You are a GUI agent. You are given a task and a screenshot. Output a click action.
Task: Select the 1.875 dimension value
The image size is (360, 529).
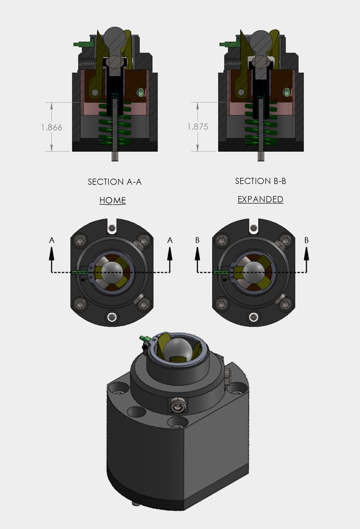click(x=197, y=127)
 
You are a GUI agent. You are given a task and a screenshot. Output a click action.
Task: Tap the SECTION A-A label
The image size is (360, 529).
click(x=115, y=182)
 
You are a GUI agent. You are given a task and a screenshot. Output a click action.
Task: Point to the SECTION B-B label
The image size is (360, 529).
click(x=260, y=181)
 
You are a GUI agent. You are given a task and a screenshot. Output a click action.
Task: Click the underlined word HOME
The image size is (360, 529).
click(x=113, y=201)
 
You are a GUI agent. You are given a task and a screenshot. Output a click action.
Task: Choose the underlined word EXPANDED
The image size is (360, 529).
click(x=260, y=199)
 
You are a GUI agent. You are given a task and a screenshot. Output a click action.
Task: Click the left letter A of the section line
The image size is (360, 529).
click(x=52, y=240)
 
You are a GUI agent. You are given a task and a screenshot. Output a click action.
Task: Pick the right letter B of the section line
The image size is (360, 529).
click(x=306, y=240)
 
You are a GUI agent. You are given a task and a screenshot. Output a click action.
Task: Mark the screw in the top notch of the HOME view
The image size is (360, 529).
click(x=111, y=228)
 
